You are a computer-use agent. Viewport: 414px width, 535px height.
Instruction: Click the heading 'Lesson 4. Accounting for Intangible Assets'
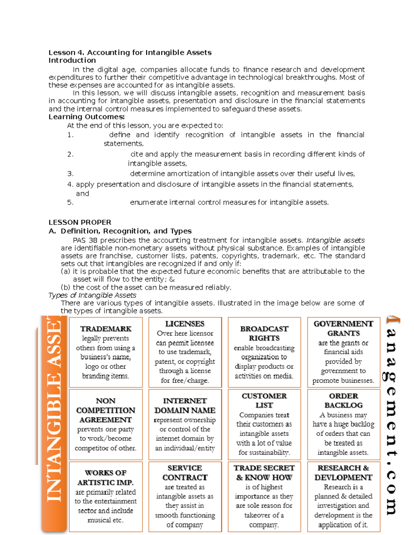(x=130, y=52)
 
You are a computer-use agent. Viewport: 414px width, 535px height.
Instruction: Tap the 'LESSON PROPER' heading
(x=80, y=222)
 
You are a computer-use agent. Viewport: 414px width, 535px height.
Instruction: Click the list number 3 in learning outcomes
(x=70, y=174)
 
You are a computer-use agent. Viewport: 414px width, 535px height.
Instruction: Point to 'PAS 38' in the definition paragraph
(x=85, y=240)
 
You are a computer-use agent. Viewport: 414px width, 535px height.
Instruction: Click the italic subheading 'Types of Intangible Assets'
(x=92, y=295)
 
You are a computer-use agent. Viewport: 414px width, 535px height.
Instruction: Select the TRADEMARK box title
(x=106, y=329)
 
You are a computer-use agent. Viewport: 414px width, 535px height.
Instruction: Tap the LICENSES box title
(x=185, y=324)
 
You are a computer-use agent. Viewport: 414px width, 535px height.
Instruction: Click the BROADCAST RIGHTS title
(x=264, y=333)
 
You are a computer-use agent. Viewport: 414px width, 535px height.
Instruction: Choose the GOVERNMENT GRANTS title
(x=343, y=328)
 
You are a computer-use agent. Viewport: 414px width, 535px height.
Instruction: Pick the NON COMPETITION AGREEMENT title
(x=106, y=410)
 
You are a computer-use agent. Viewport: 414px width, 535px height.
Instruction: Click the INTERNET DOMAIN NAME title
(x=185, y=405)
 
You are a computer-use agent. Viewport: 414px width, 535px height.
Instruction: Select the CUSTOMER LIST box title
(x=264, y=401)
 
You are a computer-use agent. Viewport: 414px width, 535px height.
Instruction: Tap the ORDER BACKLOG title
(x=343, y=401)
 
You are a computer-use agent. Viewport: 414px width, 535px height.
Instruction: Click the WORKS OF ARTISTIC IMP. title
(x=106, y=477)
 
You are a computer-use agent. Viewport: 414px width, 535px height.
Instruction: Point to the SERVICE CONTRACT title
(x=185, y=473)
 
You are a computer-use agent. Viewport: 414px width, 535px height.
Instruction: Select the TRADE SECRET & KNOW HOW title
(x=264, y=473)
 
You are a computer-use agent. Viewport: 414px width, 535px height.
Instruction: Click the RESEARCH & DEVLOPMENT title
(x=343, y=473)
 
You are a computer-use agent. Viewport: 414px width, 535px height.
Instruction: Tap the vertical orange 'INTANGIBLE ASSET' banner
(x=54, y=424)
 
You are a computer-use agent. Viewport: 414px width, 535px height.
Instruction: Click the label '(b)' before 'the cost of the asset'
(x=66, y=287)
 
